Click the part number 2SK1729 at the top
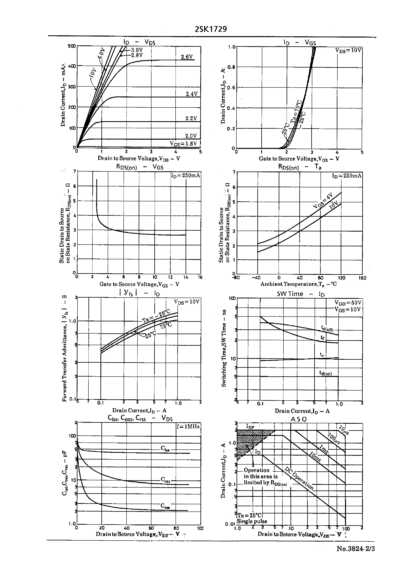coord(211,29)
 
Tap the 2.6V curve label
coord(187,57)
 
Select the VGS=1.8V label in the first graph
coord(183,143)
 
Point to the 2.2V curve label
coord(191,118)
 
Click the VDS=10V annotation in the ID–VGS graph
coord(348,50)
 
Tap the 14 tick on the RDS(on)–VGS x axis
coord(186,277)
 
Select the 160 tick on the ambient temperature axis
coord(362,278)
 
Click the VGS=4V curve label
coord(323,201)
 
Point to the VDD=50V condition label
coord(348,303)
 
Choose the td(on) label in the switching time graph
coord(325,374)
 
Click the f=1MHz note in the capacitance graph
coord(188,427)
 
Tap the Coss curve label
coord(166,480)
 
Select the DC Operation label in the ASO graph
coord(299,478)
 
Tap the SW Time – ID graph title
coord(301,294)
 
